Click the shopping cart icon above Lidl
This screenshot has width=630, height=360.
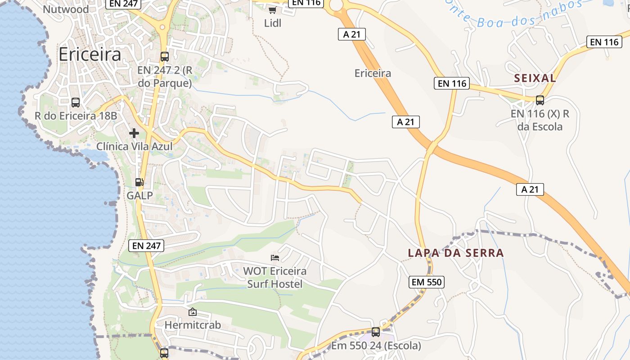coord(272,10)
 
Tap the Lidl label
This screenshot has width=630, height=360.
coord(273,23)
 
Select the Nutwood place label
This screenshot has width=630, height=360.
coord(66,9)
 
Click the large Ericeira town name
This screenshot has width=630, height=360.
coord(90,54)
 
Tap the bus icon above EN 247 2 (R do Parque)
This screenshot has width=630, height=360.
coord(165,57)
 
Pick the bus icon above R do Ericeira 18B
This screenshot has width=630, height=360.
coord(76,103)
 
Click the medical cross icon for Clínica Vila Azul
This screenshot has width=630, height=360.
coord(134,133)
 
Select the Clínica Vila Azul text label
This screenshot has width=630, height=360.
coord(135,146)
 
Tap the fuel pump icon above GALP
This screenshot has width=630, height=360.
coord(139,182)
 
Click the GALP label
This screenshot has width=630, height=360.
coord(139,195)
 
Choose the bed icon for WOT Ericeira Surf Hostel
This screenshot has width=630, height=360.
coord(275,258)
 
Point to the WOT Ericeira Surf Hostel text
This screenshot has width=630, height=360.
coord(274,278)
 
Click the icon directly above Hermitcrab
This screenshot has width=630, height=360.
coord(193,311)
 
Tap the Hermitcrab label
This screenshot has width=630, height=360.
coord(193,324)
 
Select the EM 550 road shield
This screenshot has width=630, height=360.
coord(427,282)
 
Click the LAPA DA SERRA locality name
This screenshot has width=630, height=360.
coord(456,253)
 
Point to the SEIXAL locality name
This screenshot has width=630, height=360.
coord(535,78)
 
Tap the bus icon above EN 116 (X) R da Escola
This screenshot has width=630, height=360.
coord(540,100)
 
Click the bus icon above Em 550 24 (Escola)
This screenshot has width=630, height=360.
coord(376,332)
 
